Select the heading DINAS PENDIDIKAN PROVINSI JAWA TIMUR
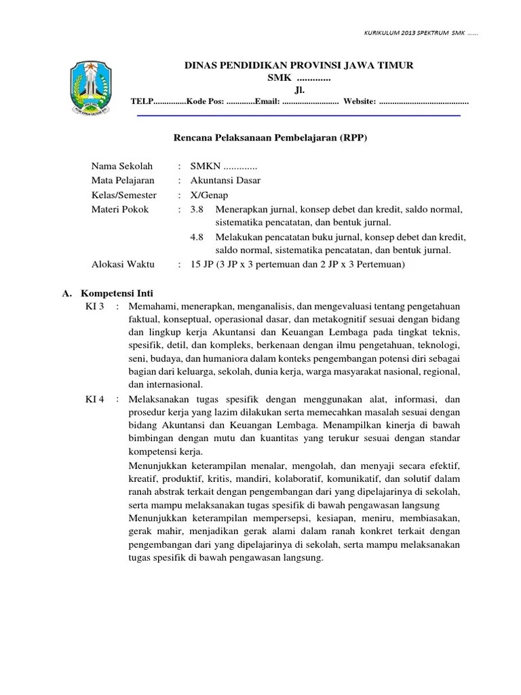coord(299,65)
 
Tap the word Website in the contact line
coord(359,101)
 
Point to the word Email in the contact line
coord(265,101)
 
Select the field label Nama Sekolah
coord(122,166)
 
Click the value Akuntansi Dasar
coord(225,181)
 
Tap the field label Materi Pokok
coord(120,209)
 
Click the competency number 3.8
coord(197,209)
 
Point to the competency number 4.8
coord(197,237)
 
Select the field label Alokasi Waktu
coord(123,264)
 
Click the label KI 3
coord(94,307)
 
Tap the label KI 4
coord(94,399)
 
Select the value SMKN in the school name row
coord(205,166)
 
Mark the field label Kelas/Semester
coord(128,195)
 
